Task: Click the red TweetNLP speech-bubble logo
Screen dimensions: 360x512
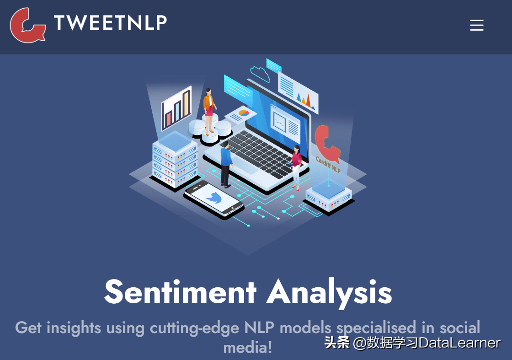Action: tap(27, 25)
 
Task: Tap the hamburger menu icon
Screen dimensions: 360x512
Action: tap(477, 25)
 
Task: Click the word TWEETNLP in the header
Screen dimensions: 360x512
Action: tap(110, 23)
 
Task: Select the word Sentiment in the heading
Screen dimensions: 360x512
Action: tap(180, 291)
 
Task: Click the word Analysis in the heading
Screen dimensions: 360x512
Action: tap(330, 291)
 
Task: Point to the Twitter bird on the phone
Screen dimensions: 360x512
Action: tap(213, 198)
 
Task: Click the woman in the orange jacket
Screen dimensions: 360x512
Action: tap(209, 110)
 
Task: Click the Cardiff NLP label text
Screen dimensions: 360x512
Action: tap(328, 164)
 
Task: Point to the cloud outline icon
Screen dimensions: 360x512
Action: tap(260, 73)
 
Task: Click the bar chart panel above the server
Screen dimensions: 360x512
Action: tap(176, 108)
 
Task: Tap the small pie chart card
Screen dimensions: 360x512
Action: tap(240, 113)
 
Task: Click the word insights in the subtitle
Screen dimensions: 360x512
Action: tap(74, 328)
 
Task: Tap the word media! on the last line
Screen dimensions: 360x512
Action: tap(248, 347)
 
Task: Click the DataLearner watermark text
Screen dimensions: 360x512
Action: tap(437, 343)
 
